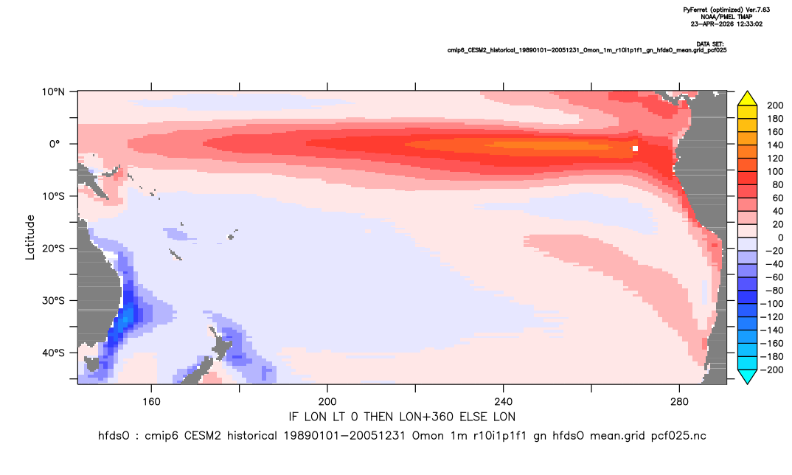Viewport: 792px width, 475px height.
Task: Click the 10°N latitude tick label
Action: (53, 92)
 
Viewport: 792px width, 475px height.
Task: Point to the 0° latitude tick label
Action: (55, 144)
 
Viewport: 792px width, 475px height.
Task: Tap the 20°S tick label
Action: (53, 249)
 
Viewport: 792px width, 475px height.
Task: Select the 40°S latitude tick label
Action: (53, 353)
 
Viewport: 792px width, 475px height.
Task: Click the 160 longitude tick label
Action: (151, 402)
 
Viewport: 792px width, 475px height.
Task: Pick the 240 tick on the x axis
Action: (504, 402)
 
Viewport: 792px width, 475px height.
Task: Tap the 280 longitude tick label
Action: (679, 402)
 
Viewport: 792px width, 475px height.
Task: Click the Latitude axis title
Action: (30, 237)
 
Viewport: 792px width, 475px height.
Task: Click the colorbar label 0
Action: (769, 237)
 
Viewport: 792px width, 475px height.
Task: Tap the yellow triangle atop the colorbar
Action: (747, 98)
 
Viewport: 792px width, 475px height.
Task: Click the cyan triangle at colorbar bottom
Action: (747, 376)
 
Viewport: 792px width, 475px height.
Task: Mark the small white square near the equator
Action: (635, 148)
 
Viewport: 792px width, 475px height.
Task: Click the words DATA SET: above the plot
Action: (709, 44)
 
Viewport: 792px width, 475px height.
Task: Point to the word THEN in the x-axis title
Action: (378, 417)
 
